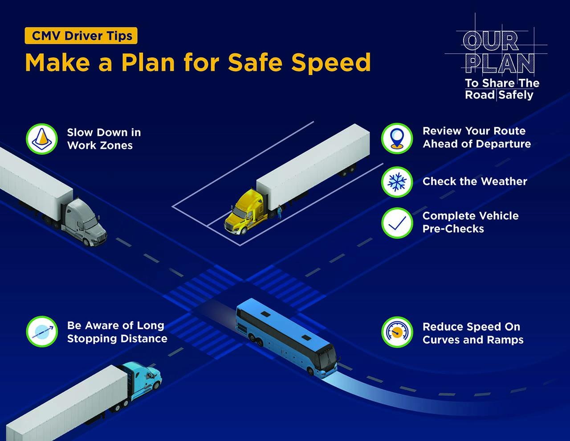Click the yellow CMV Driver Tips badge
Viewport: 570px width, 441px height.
(81, 36)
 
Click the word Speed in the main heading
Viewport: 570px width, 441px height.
(331, 62)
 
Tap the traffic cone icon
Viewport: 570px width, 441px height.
(42, 139)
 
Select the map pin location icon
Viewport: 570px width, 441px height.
(397, 138)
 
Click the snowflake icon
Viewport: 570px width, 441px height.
(397, 182)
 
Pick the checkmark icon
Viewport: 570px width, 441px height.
(397, 223)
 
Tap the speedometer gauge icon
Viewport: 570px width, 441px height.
(397, 332)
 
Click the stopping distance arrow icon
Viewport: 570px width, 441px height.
(42, 331)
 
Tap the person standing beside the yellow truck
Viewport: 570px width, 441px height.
(280, 212)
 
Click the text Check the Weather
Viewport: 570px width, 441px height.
(475, 181)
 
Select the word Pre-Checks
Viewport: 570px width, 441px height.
(453, 229)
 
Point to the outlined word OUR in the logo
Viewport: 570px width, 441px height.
(491, 41)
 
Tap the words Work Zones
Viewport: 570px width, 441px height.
(100, 145)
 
